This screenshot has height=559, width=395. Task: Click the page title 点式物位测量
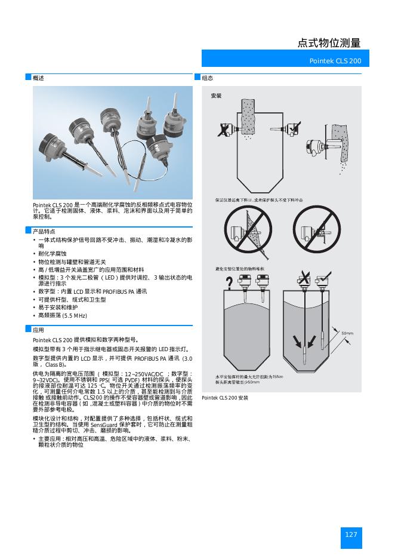[x=329, y=42]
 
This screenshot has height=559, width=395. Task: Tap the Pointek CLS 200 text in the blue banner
[x=335, y=62]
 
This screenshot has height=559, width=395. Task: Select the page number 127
[x=351, y=535]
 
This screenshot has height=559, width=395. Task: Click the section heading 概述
[x=38, y=78]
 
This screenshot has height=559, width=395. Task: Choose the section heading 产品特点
[x=44, y=231]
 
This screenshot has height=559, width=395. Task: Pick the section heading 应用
[x=38, y=330]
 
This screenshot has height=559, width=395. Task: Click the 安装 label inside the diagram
[x=216, y=96]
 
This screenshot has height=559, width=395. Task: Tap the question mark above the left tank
[x=230, y=286]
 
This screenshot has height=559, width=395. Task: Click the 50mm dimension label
[x=347, y=333]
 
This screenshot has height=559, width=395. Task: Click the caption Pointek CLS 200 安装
[x=224, y=397]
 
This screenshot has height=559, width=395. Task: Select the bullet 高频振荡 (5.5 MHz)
[x=63, y=315]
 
